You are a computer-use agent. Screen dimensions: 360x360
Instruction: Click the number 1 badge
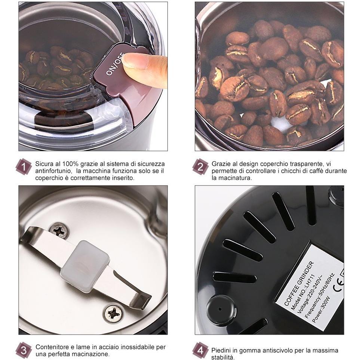(24, 167)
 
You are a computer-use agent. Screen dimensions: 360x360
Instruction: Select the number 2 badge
(200, 167)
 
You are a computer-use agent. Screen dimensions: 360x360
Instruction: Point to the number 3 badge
(24, 350)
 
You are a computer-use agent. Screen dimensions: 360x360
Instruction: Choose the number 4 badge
(200, 350)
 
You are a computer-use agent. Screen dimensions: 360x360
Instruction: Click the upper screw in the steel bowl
(59, 230)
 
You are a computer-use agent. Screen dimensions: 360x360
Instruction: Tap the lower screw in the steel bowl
(114, 313)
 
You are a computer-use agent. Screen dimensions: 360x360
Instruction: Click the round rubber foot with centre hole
(221, 309)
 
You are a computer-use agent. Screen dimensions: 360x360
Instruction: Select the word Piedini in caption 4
(222, 351)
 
